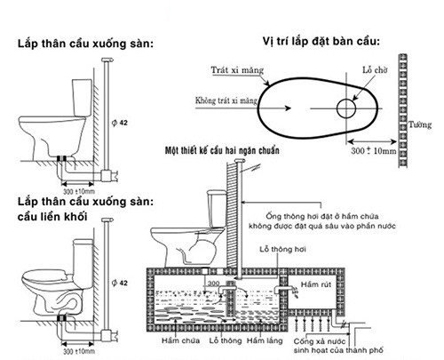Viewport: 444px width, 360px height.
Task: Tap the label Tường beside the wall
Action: click(420, 124)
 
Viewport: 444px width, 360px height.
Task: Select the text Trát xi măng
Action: click(237, 70)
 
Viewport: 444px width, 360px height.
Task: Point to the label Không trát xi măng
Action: click(226, 100)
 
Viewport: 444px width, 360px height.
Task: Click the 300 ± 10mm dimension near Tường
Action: click(374, 150)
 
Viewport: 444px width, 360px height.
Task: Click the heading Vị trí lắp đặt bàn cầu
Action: click(321, 41)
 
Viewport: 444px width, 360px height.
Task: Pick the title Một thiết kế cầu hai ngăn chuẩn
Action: click(222, 150)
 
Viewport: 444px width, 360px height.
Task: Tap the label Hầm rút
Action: click(316, 284)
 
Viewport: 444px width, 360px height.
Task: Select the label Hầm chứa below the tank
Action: click(180, 340)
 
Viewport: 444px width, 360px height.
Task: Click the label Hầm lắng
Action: click(265, 341)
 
